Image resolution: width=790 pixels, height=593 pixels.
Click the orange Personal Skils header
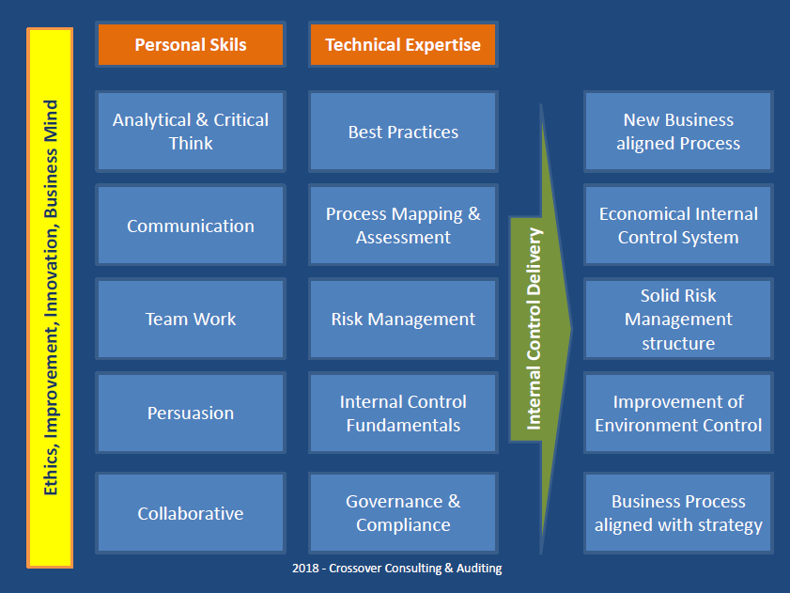coord(190,45)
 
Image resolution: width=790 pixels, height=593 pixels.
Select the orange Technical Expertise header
coord(403,45)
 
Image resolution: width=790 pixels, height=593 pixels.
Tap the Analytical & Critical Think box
coord(190,132)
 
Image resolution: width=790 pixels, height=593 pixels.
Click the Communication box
coord(190,226)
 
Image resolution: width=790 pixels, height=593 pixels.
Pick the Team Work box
coord(190,319)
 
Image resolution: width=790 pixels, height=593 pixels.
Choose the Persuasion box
coord(190,413)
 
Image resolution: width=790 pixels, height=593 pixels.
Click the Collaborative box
coord(190,513)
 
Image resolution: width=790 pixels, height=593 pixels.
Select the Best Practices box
coord(403,132)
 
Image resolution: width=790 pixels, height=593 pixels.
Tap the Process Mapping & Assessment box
coord(403,226)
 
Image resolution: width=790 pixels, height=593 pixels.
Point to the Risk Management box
coord(403,319)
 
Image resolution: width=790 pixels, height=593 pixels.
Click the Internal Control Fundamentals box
coord(403,413)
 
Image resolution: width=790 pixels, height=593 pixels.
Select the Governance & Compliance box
coord(403,513)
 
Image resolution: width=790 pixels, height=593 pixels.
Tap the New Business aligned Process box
coord(678,132)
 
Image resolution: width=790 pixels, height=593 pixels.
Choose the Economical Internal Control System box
coord(678,226)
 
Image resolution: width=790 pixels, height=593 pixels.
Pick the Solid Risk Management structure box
coord(678,319)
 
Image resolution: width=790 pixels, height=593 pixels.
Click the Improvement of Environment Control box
coord(678,413)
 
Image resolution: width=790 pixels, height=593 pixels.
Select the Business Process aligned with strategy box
coord(678,513)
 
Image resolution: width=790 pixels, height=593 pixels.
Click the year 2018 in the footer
coord(305,569)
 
